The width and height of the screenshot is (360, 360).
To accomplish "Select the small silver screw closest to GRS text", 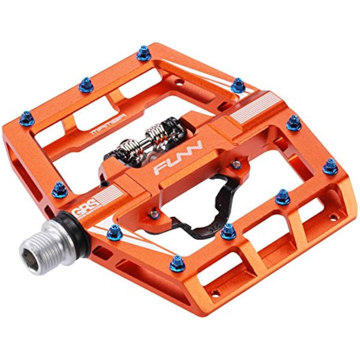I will [x=154, y=211].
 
